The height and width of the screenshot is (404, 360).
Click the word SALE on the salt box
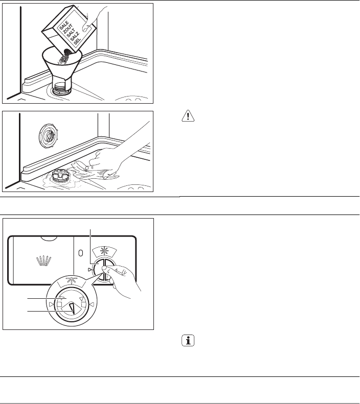[64, 25]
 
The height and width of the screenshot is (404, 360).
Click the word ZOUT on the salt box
[68, 29]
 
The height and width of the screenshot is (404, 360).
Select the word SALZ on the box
[75, 37]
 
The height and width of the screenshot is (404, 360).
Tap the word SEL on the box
[77, 42]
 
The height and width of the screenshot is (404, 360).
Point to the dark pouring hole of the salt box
[67, 52]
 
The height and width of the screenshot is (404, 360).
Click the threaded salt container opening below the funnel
[61, 88]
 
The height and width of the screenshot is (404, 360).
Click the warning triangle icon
[188, 116]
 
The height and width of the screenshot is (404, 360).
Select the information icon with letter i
[188, 341]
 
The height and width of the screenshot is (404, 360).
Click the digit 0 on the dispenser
[81, 253]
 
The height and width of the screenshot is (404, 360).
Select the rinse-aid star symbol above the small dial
[104, 250]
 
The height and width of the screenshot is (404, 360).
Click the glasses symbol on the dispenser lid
[43, 260]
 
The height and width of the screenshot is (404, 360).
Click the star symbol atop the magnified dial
[71, 281]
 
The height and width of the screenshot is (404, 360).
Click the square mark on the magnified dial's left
[59, 304]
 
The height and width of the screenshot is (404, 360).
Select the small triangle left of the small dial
[89, 270]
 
